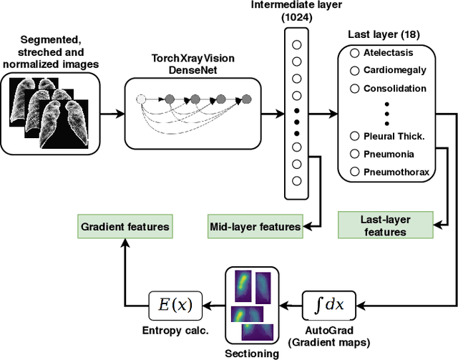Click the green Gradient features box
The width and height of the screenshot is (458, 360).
(125, 227)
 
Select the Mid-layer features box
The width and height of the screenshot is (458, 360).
(255, 227)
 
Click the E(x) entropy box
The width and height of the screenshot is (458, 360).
(175, 305)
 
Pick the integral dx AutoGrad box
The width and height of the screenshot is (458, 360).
(330, 305)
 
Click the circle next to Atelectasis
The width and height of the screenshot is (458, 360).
(354, 52)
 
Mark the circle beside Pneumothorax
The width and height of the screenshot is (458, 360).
(354, 171)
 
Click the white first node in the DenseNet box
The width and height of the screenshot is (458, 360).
(141, 99)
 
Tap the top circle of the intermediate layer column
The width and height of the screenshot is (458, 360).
(297, 44)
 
